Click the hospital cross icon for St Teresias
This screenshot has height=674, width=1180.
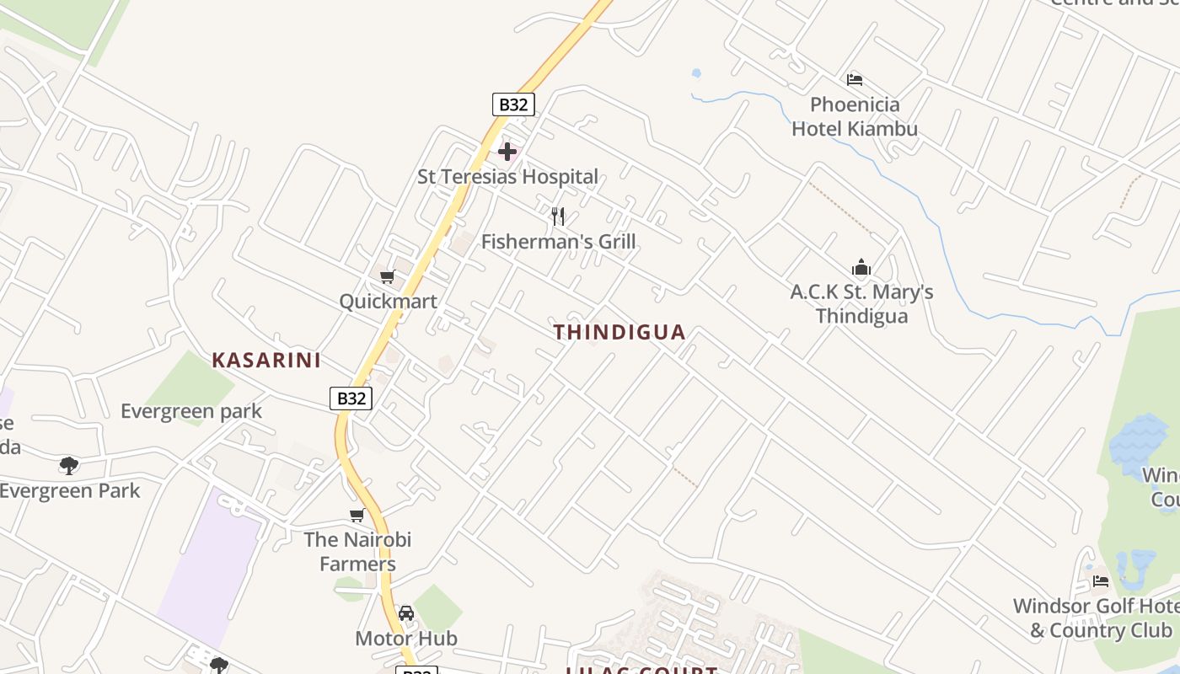coord(507,152)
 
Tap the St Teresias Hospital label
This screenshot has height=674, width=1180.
coord(507,177)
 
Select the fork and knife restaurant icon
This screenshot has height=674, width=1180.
coord(558,217)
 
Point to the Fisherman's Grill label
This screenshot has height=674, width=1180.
coord(558,242)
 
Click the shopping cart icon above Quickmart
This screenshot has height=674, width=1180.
coord(388,276)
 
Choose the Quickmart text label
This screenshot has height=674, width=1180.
coord(388,301)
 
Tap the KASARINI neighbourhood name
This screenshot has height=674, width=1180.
coord(266,361)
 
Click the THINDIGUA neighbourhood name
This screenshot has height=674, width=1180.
coord(619,332)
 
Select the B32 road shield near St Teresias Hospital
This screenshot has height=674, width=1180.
coord(513,104)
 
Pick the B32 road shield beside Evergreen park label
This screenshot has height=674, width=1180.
coord(351,399)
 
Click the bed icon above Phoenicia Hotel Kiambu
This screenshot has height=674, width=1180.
coord(855,80)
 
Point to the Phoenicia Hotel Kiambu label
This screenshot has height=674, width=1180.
coord(855,117)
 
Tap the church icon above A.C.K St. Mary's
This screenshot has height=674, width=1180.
coord(861,268)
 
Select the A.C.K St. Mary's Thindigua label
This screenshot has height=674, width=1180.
coord(861,304)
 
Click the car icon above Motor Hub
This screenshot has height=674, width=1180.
coord(406,613)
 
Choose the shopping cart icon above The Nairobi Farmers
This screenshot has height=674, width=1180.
coord(357,515)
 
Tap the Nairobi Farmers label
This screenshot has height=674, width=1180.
coord(357,551)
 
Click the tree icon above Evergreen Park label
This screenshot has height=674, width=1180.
coord(69,465)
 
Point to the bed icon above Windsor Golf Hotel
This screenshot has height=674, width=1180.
coord(1101,580)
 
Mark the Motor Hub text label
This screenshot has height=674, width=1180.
coord(406,639)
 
